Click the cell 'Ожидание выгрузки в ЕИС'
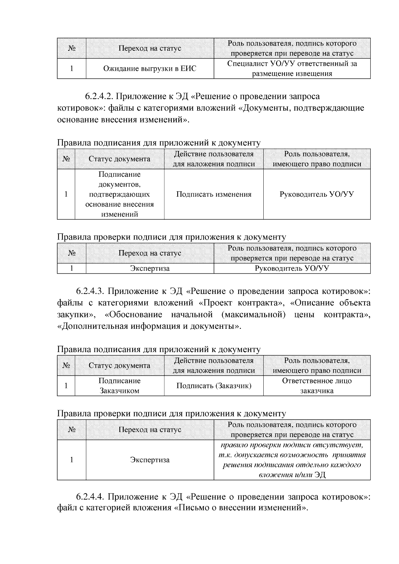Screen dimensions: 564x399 pyautogui.click(x=150, y=69)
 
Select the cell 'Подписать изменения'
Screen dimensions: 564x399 pyautogui.click(x=213, y=194)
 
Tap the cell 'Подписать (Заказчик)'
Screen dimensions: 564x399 pyautogui.click(x=213, y=386)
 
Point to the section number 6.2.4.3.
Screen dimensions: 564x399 pyautogui.click(x=90, y=291)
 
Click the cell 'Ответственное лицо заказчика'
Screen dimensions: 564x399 pyautogui.click(x=317, y=386)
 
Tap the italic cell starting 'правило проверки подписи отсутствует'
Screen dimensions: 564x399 pyautogui.click(x=292, y=460)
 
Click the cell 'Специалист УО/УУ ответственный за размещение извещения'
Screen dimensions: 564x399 pyautogui.click(x=292, y=69)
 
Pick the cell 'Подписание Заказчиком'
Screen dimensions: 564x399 pyautogui.click(x=119, y=386)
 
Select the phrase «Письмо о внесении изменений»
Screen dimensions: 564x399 pyautogui.click(x=240, y=508)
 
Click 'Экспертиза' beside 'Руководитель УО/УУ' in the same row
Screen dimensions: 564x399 pyautogui.click(x=150, y=268)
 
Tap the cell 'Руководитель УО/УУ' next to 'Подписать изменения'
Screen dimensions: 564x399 pyautogui.click(x=317, y=194)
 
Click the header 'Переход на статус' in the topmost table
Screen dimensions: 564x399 pyautogui.click(x=150, y=48)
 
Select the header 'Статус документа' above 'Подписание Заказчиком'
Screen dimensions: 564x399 pyautogui.click(x=119, y=365)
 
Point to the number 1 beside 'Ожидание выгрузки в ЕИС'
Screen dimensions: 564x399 pyautogui.click(x=71, y=69)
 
